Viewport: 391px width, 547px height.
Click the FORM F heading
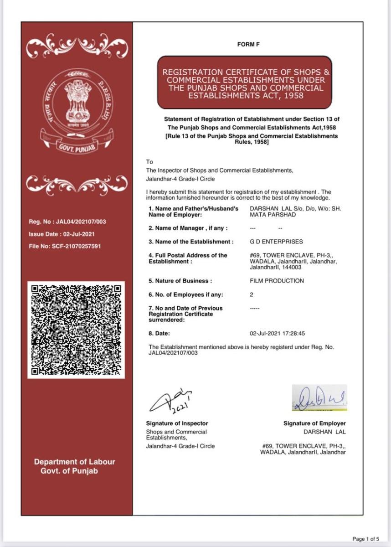point(248,44)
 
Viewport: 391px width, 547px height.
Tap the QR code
point(76,330)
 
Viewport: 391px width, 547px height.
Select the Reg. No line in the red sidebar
point(67,222)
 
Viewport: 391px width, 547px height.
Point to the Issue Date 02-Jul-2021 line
point(62,234)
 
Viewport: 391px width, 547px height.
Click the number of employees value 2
point(252,295)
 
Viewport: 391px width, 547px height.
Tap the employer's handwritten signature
point(319,397)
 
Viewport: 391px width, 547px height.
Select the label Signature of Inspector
point(177,423)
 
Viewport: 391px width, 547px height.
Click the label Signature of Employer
point(314,423)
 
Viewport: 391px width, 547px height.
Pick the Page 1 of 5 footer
point(366,539)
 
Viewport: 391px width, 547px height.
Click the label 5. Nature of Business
point(180,281)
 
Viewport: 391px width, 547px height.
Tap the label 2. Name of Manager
point(188,228)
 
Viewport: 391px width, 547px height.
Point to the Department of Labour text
point(75,462)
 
